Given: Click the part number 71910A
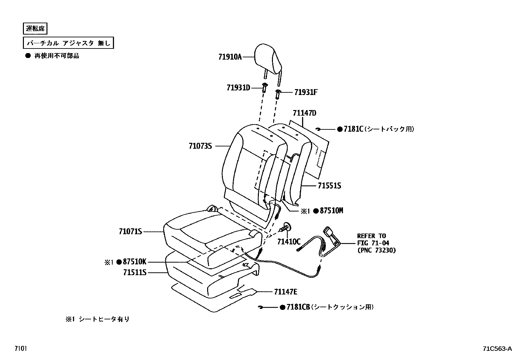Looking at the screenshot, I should (x=230, y=57).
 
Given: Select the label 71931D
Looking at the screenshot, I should (x=238, y=87).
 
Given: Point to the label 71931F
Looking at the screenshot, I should (x=306, y=92).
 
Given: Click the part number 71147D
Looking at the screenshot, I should (x=304, y=113).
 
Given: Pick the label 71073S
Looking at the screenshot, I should (x=200, y=146).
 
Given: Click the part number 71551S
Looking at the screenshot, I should (x=329, y=186).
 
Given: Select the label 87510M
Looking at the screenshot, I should (x=332, y=211).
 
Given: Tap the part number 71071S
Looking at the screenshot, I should (x=130, y=232).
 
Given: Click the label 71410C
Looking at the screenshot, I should (x=289, y=242).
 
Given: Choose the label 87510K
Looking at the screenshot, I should (x=135, y=262).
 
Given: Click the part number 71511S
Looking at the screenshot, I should (x=135, y=272).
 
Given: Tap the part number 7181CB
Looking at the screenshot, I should (x=298, y=307).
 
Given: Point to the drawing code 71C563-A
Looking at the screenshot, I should (x=497, y=349).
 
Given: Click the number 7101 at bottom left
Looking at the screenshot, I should (x=20, y=349).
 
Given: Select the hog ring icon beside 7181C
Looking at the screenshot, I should (x=318, y=129).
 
